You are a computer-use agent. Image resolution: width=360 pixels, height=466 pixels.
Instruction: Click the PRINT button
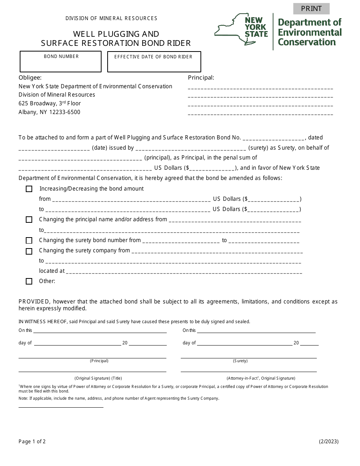coord(311,9)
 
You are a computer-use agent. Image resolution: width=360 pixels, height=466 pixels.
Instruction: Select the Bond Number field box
coord(61,62)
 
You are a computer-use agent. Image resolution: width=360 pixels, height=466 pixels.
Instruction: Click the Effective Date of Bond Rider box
coord(154,62)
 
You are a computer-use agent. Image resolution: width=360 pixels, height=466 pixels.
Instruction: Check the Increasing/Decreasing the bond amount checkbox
coord(29,189)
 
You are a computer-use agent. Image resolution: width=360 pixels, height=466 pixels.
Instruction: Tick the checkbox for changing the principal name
coord(29,220)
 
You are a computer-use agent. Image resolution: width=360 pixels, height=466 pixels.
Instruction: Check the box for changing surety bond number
coord(29,241)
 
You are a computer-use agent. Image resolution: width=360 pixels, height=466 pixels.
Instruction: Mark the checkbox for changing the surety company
coord(29,251)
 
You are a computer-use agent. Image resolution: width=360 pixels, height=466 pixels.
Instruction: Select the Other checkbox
coord(29,281)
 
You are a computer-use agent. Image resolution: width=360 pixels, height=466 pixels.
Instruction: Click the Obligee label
coord(30,78)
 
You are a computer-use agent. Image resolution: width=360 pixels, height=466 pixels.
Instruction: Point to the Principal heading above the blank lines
coord(201,78)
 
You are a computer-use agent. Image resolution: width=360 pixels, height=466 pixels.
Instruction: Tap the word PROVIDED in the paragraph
coord(34,302)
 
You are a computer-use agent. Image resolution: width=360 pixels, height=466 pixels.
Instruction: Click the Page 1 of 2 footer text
coord(32,441)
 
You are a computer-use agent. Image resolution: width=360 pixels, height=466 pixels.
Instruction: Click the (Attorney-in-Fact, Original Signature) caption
coord(261,378)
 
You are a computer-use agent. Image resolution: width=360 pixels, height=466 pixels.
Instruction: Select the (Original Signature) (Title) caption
coord(98,378)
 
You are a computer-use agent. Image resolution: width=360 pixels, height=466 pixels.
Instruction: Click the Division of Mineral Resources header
coord(111,18)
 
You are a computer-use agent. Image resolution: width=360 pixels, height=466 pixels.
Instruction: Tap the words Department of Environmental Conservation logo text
coord(310,32)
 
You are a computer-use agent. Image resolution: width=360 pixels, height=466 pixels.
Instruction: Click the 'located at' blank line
coord(184,271)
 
